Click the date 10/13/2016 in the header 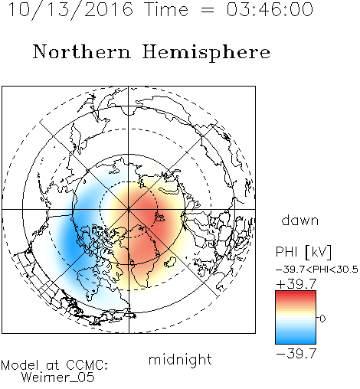click(x=70, y=9)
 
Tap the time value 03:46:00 click(x=270, y=9)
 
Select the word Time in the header click(x=166, y=9)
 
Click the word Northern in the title click(x=82, y=52)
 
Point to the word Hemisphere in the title click(x=206, y=53)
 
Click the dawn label click(x=300, y=220)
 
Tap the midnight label click(x=180, y=359)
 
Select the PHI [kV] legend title click(x=303, y=252)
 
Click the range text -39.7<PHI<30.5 click(x=317, y=270)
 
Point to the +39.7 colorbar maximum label click(x=296, y=284)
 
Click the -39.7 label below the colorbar click(x=296, y=354)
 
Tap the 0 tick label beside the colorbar click(x=322, y=319)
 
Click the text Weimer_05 click(x=57, y=378)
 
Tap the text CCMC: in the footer click(x=87, y=365)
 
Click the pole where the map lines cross click(x=129, y=209)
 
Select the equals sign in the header click(x=208, y=10)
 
